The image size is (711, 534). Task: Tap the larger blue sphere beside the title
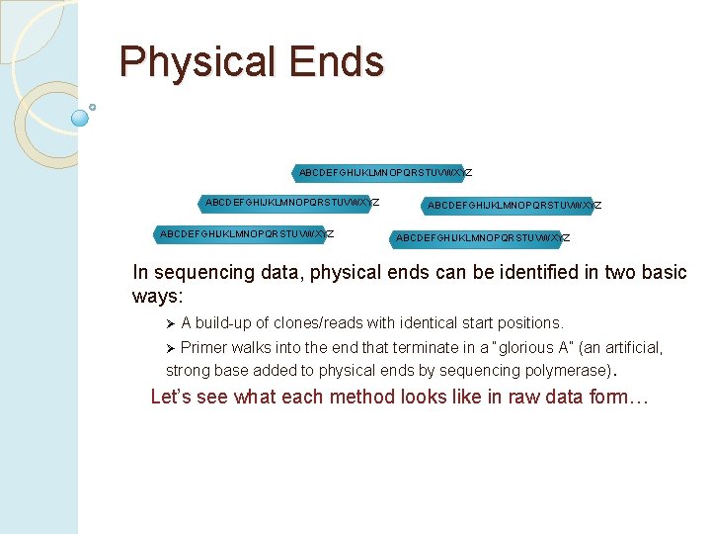(80, 118)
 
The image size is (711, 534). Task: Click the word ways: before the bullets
(158, 297)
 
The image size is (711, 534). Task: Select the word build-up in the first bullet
(226, 323)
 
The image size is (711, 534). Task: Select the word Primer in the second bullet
(203, 348)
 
